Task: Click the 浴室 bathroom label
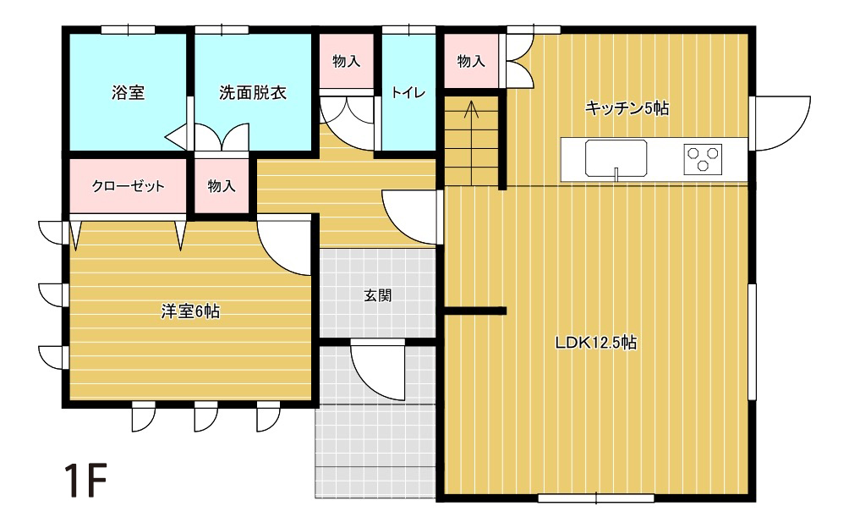coord(129,93)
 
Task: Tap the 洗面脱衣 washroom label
coord(253,93)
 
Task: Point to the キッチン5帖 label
coord(627,108)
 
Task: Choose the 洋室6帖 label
coord(190,311)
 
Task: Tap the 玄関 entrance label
coord(377,296)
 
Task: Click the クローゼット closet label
coord(129,186)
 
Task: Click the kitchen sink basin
coord(616,157)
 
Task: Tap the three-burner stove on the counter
coord(704,157)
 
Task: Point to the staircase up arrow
coord(472,110)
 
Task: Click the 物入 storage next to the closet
coord(222,186)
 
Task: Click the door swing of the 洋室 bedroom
coord(283,245)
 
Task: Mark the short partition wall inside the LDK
coord(475,311)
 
